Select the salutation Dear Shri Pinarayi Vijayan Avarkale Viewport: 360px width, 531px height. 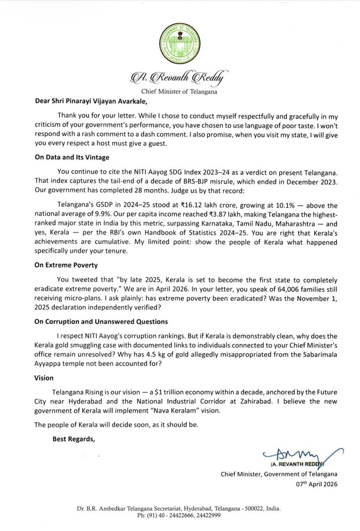(98, 100)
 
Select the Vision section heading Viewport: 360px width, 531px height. (45, 377)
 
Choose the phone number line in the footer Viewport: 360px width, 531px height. (180, 515)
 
